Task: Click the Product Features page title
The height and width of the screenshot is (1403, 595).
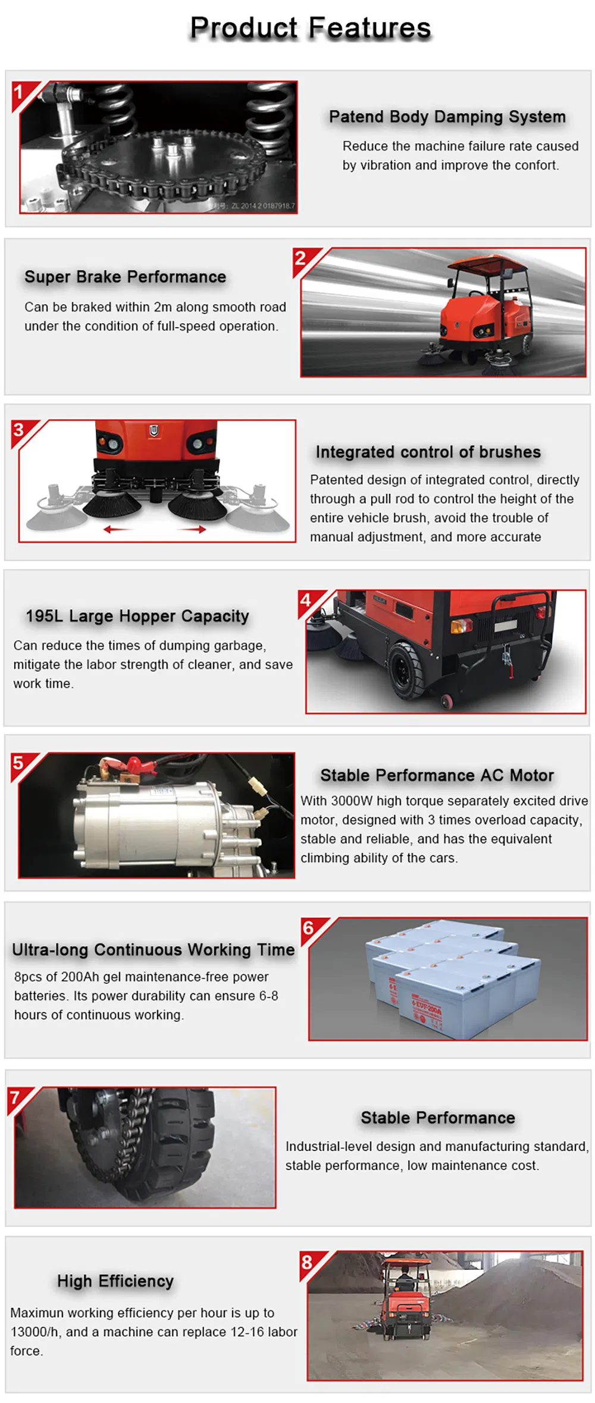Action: point(310,28)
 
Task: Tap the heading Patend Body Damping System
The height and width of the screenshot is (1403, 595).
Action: point(447,117)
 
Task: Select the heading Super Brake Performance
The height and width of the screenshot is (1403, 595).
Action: point(125,277)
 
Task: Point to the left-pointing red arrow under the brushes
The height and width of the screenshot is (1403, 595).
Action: point(117,529)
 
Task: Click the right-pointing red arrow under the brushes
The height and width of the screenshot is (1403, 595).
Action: point(194,529)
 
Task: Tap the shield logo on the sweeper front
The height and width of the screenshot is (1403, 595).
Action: point(154,430)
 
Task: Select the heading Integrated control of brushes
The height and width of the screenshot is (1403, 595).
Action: point(428,452)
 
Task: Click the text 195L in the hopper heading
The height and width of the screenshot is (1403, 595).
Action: point(43,616)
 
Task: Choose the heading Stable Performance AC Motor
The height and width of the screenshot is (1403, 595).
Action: point(437,775)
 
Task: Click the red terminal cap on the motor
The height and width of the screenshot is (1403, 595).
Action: point(134,763)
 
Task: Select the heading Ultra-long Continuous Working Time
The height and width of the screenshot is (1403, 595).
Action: point(153,950)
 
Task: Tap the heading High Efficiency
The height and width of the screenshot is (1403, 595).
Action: point(115,1281)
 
